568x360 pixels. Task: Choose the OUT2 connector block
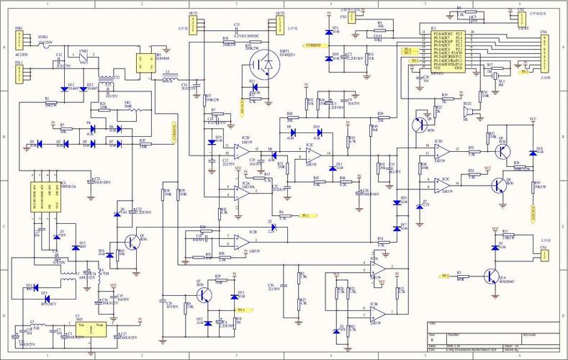click(x=279, y=26)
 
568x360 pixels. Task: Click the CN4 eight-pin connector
click(x=544, y=51)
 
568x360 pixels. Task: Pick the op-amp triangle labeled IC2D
click(x=240, y=149)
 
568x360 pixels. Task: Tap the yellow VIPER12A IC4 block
click(x=47, y=193)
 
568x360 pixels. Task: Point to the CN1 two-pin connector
click(x=545, y=254)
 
